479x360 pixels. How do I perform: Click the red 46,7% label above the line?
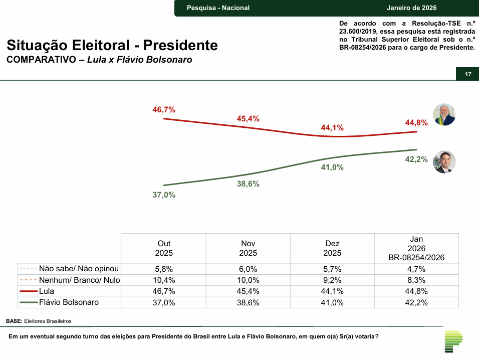click(x=164, y=109)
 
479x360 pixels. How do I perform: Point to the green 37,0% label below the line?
click(x=164, y=195)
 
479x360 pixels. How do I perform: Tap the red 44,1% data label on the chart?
click(x=332, y=128)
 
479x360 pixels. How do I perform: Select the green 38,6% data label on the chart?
click(x=248, y=184)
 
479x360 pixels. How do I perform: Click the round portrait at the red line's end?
click(x=444, y=114)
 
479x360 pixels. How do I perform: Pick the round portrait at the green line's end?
click(x=444, y=162)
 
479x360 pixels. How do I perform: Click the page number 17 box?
click(x=468, y=74)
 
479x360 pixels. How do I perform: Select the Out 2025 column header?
click(x=164, y=248)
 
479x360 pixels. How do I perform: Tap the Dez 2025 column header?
click(x=332, y=248)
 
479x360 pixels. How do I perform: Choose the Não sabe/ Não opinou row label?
click(x=79, y=269)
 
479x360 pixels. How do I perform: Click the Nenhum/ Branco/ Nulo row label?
click(x=79, y=280)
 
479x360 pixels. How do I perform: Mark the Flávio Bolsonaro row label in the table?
click(x=69, y=302)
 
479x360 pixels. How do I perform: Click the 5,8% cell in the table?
click(x=164, y=269)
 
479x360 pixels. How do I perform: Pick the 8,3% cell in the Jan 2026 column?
click(x=416, y=280)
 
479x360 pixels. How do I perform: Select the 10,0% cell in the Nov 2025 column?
click(x=248, y=280)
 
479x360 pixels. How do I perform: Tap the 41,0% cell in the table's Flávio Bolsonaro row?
click(x=332, y=302)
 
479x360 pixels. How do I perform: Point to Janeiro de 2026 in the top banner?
click(x=411, y=8)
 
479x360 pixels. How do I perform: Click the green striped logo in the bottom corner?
click(x=453, y=341)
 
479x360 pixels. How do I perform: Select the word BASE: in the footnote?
click(x=14, y=320)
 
